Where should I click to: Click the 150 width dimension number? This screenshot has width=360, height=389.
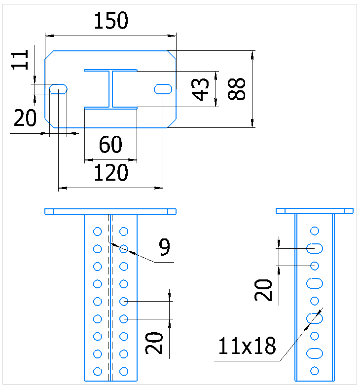pyautogui.click(x=111, y=21)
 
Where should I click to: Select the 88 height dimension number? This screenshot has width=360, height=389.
pyautogui.click(x=237, y=89)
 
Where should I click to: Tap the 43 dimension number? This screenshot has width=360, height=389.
pyautogui.click(x=200, y=89)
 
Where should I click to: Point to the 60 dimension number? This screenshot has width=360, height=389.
pyautogui.click(x=110, y=144)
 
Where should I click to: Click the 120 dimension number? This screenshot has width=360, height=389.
pyautogui.click(x=111, y=172)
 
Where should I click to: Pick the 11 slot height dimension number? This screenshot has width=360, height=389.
pyautogui.click(x=20, y=60)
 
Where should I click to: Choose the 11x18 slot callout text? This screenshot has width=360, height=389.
pyautogui.click(x=247, y=346)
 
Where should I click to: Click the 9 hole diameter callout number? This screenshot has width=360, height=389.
pyautogui.click(x=165, y=247)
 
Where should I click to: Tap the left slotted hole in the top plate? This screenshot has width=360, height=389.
pyautogui.click(x=58, y=89)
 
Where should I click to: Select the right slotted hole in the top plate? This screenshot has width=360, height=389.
pyautogui.click(x=163, y=89)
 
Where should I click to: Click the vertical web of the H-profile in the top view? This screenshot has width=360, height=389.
pyautogui.click(x=110, y=89)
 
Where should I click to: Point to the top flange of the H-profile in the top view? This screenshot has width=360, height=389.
pyautogui.click(x=110, y=70)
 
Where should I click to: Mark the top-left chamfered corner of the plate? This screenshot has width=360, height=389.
pyautogui.click(x=49, y=55)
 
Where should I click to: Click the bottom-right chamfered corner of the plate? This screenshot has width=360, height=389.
pyautogui.click(x=172, y=123)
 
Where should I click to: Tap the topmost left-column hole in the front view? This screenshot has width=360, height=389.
pyautogui.click(x=97, y=232)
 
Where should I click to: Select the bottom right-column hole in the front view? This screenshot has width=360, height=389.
pyautogui.click(x=124, y=371)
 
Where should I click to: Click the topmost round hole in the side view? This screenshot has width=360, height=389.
pyautogui.click(x=315, y=231)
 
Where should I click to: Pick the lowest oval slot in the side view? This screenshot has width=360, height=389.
pyautogui.click(x=315, y=353)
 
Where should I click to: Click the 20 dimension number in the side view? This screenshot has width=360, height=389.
pyautogui.click(x=263, y=290)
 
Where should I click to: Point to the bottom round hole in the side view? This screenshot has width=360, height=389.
pyautogui.click(x=315, y=371)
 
